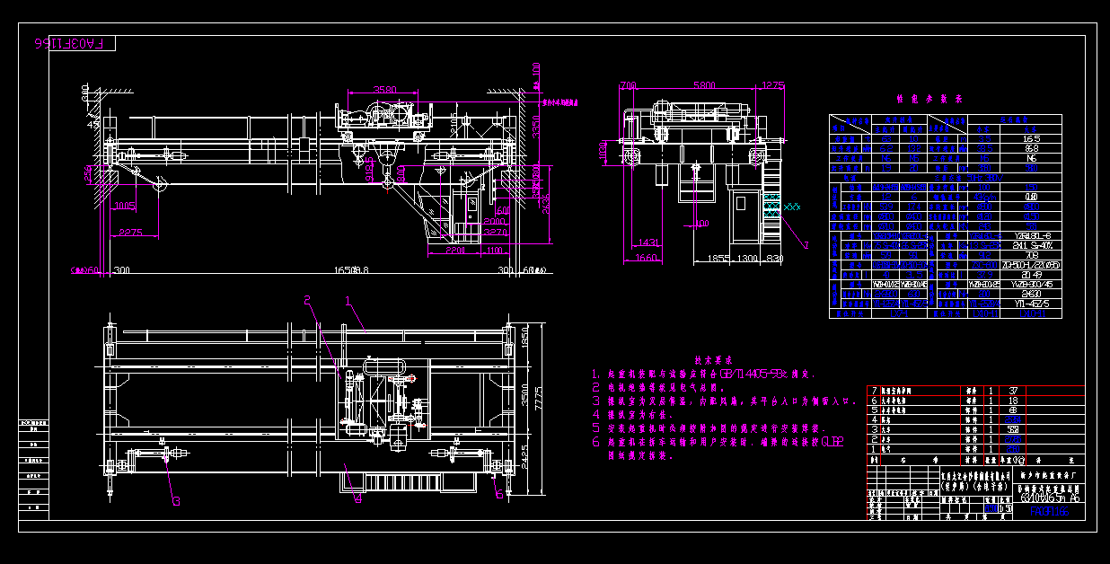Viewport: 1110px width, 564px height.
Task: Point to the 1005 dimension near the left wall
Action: tap(125, 207)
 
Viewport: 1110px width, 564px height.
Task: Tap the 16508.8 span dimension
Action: tap(352, 269)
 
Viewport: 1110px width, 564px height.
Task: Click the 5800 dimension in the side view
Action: tap(704, 85)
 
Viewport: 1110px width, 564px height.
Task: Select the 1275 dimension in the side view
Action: tap(773, 85)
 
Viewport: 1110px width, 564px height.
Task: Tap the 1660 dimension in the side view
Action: tap(645, 259)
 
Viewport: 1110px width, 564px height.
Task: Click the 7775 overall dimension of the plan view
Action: tap(539, 394)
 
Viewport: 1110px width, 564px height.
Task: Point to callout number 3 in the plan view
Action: tap(176, 501)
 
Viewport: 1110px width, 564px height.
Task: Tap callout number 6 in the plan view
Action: tap(499, 492)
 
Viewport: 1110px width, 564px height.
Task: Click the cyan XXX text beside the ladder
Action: tap(791, 207)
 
